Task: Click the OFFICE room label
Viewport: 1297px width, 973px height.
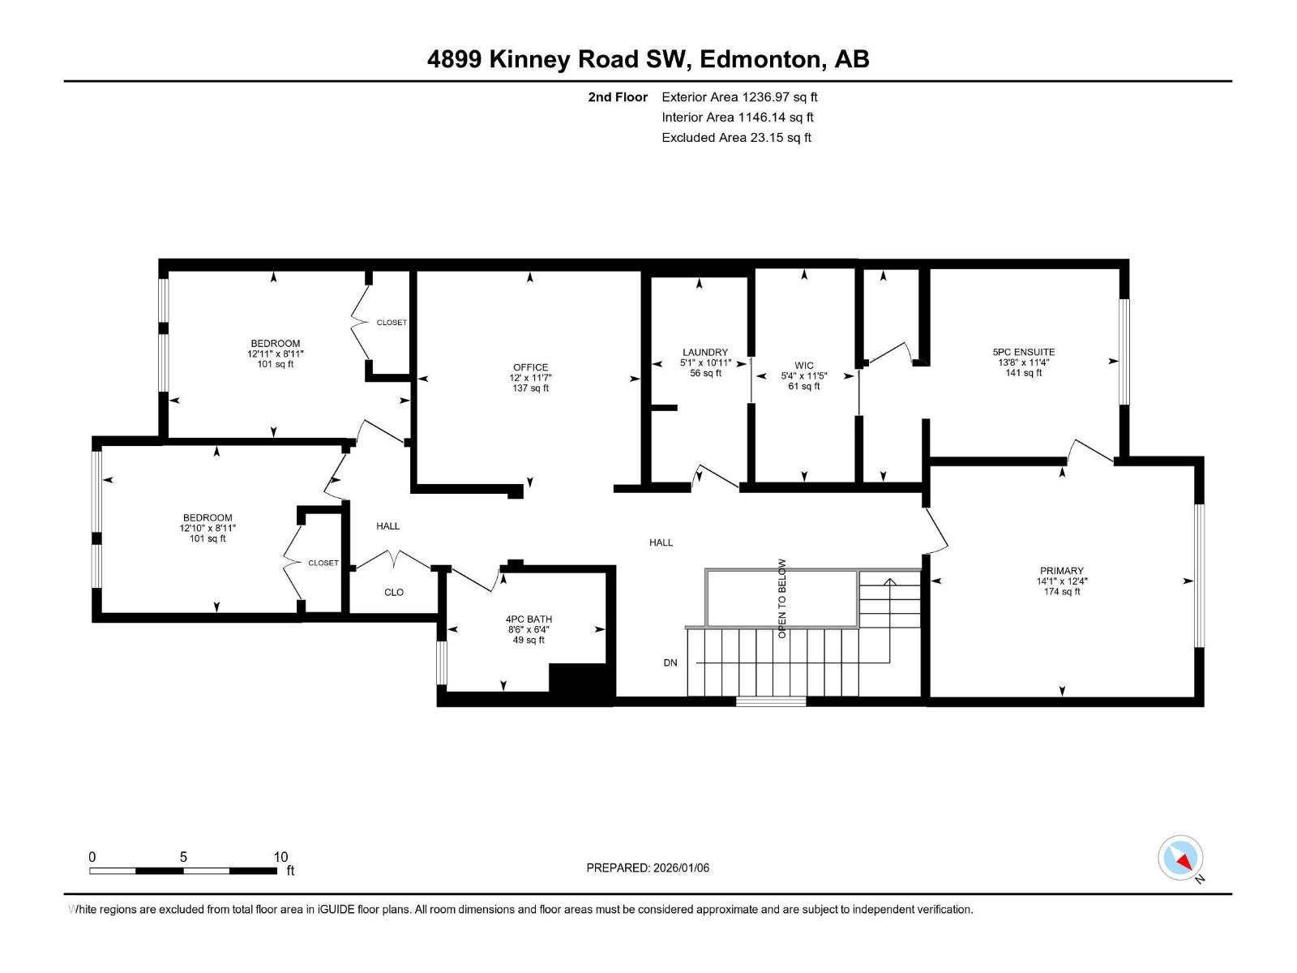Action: (530, 367)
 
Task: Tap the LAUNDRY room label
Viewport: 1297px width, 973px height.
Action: (704, 353)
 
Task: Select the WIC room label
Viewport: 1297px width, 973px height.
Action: (803, 366)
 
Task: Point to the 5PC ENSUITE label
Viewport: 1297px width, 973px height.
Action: (1023, 352)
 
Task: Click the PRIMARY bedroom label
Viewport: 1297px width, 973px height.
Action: (1061, 571)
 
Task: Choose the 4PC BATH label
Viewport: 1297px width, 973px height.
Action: (529, 619)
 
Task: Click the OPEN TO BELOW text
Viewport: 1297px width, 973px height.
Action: (782, 598)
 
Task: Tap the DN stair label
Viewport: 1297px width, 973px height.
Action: (670, 662)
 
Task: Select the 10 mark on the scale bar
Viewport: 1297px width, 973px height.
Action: (280, 857)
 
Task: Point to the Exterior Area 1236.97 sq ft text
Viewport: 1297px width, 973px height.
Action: (739, 97)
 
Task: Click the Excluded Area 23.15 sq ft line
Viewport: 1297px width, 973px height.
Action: (736, 138)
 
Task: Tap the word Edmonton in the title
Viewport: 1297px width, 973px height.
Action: (759, 59)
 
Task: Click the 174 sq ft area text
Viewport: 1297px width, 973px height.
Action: (1061, 592)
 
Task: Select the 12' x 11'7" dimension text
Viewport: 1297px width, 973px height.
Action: (530, 378)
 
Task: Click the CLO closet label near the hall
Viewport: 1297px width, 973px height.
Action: (394, 592)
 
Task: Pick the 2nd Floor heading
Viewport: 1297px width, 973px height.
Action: (618, 97)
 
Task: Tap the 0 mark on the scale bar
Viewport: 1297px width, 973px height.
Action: (92, 857)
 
